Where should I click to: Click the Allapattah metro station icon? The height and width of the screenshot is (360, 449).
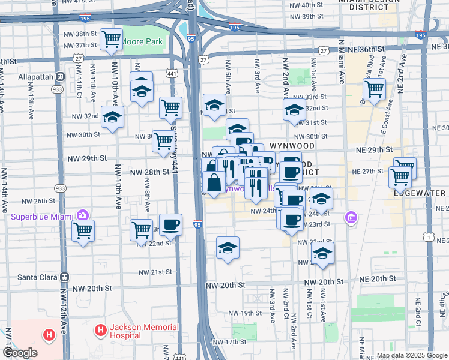(61, 77)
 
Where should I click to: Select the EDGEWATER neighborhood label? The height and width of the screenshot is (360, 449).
(420, 193)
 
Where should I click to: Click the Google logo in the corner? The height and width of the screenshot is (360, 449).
(20, 353)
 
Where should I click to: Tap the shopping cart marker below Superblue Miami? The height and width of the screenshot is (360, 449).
(83, 230)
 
